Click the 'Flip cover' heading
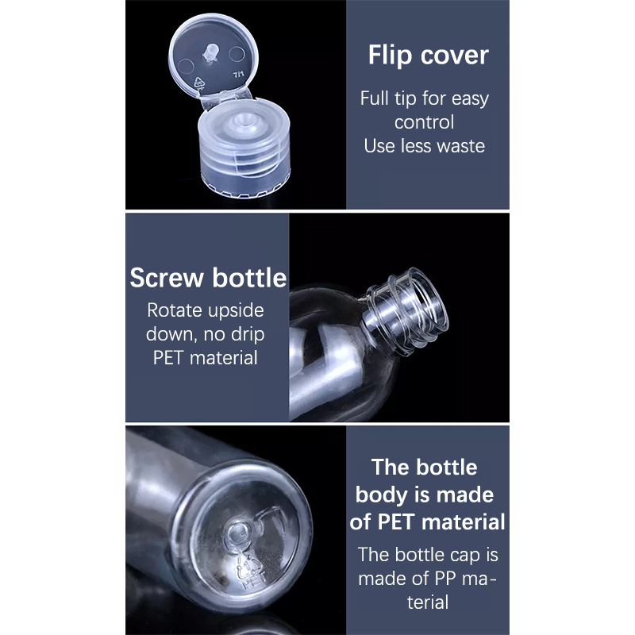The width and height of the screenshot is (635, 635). coord(428,55)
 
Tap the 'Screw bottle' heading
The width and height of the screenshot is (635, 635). coord(208,278)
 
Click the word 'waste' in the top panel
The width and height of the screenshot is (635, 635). coord(463,146)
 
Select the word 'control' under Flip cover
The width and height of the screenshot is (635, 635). coord(425,122)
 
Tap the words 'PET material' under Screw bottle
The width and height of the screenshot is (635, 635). coord(206,358)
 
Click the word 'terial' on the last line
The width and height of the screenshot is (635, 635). coord(428,602)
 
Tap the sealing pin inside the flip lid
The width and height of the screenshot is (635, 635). coord(211,53)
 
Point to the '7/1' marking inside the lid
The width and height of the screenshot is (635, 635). coord(239,75)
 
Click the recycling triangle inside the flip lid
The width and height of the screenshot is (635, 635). coord(198,83)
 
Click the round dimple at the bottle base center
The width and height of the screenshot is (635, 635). coord(237,535)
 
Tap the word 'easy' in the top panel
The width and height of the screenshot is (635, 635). coord(470,99)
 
